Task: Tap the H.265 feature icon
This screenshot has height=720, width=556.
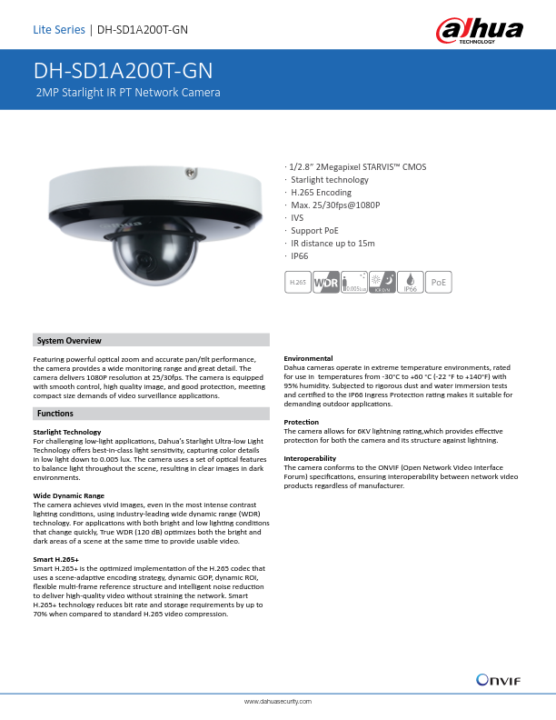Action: (x=298, y=283)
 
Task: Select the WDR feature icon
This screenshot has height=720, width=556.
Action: (x=326, y=283)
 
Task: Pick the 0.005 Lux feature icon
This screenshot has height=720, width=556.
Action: (x=354, y=283)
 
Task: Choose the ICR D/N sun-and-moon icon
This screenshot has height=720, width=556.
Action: (x=382, y=283)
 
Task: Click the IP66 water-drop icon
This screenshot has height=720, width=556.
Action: (x=411, y=283)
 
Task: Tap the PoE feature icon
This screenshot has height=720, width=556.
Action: (x=440, y=283)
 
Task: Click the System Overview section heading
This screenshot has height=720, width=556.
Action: (x=69, y=340)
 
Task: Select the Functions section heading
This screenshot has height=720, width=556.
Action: (x=55, y=414)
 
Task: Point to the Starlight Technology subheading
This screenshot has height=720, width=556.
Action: (x=67, y=432)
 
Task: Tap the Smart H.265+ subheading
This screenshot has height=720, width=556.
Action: (x=56, y=559)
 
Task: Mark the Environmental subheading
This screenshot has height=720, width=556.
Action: (x=309, y=358)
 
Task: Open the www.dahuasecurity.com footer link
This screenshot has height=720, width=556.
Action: (x=278, y=703)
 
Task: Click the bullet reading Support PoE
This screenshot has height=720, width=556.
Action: (x=314, y=231)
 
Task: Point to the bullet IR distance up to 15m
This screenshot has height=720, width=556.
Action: (x=333, y=244)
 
